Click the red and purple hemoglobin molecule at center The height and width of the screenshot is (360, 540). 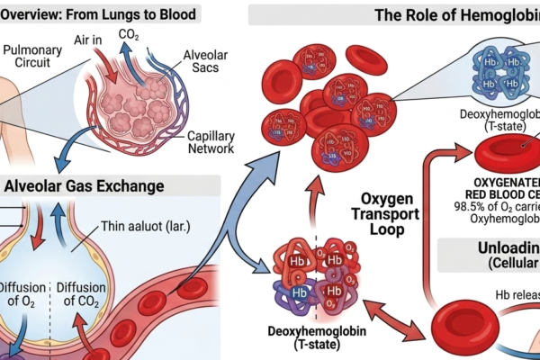click(x=315, y=274)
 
